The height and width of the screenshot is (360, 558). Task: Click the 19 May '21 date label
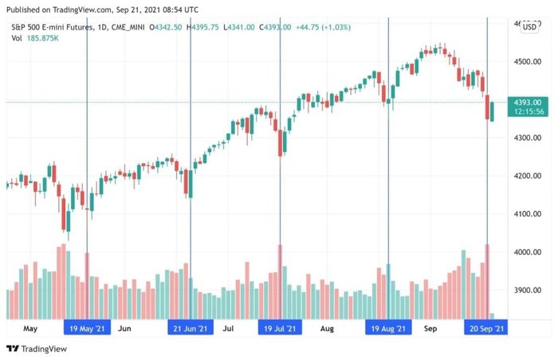(87, 327)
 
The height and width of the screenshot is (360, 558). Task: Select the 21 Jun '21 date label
(191, 327)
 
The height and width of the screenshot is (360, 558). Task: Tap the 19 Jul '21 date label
(281, 327)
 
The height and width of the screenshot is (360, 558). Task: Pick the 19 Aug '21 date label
(388, 327)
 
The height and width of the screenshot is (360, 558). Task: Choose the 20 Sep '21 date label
(485, 327)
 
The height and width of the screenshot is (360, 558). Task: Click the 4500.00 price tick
(528, 61)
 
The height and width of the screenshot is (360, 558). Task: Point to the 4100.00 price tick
(528, 213)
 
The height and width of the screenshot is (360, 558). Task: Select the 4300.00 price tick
(528, 138)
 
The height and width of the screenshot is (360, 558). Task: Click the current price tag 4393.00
(528, 103)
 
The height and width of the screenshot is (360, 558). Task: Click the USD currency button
(529, 27)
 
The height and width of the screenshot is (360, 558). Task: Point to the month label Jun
(124, 327)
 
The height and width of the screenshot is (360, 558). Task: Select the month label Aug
(327, 327)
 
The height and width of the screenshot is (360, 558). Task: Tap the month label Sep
(430, 327)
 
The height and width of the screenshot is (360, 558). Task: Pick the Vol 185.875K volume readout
(37, 37)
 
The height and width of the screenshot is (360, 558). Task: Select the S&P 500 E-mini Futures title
(51, 26)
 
